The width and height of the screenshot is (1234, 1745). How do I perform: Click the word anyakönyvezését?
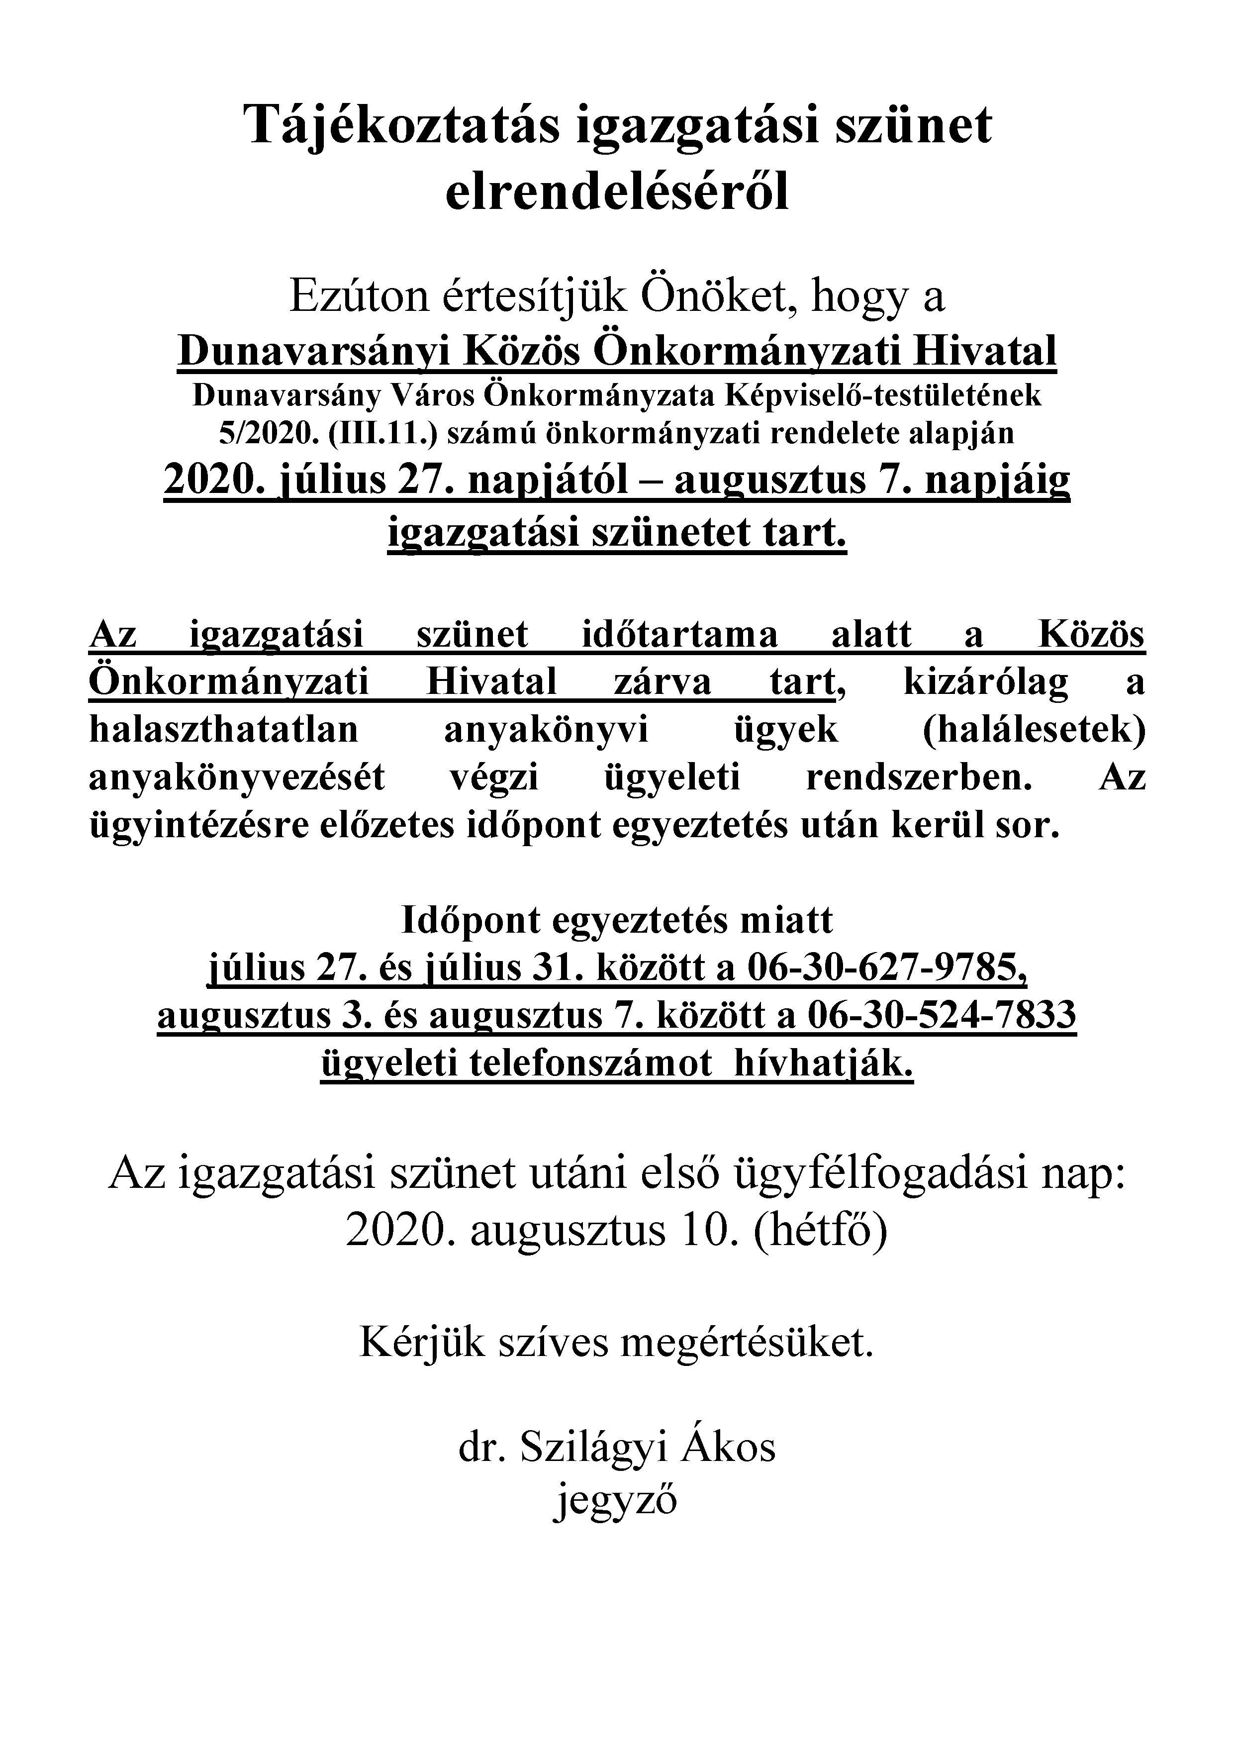(237, 778)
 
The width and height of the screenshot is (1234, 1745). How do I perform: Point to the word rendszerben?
(920, 778)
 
